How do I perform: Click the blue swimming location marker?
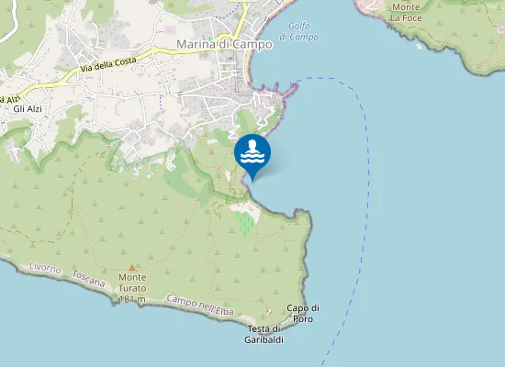(252, 152)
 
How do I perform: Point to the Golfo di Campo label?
(298, 31)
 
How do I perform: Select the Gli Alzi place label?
(28, 109)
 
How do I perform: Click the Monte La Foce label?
(405, 12)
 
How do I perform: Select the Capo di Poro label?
(303, 313)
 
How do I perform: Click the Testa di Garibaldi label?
(264, 335)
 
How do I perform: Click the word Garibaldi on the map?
(264, 340)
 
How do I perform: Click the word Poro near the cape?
(303, 318)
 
